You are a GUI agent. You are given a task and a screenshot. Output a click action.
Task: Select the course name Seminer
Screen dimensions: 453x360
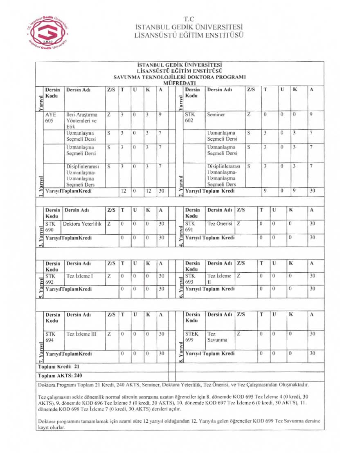tap(216, 115)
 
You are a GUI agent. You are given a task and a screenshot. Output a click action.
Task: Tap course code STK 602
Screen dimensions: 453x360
tap(191, 118)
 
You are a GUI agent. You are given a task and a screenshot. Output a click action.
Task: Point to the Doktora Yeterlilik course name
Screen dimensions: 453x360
tap(82, 224)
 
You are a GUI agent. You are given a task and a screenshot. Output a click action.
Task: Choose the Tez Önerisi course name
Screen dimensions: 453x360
tap(220, 224)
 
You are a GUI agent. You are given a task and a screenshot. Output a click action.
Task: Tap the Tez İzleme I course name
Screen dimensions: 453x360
tap(80, 276)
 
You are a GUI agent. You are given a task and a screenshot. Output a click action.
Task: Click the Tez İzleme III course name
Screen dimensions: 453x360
tap(81, 334)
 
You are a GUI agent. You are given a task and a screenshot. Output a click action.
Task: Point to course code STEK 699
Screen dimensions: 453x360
tap(191, 337)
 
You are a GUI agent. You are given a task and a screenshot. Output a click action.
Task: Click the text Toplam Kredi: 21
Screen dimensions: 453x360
tap(59, 367)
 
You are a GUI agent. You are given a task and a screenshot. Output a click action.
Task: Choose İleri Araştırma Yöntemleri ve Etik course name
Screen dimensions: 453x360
tap(81, 121)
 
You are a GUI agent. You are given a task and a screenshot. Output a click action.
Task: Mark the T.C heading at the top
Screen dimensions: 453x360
tap(189, 19)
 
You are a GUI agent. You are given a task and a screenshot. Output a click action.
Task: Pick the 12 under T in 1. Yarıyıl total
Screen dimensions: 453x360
tap(124, 191)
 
